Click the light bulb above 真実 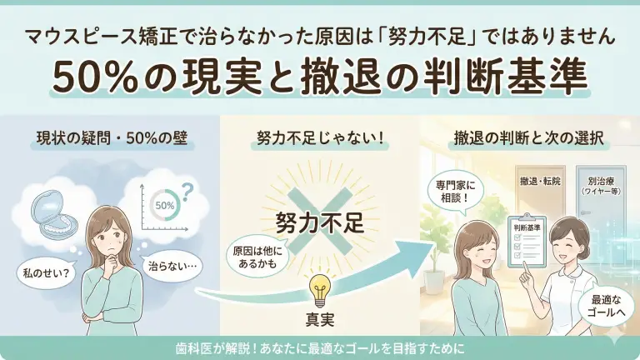tap(320, 287)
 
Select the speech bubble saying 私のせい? tap(43, 271)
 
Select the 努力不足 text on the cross tap(320, 223)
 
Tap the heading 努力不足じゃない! tap(320, 137)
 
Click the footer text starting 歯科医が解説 tap(320, 347)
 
